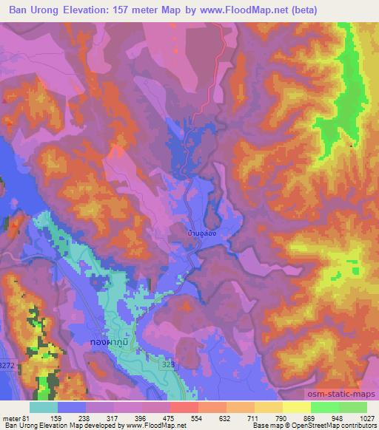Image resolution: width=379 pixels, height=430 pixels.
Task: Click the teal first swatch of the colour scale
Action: tap(44, 407)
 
